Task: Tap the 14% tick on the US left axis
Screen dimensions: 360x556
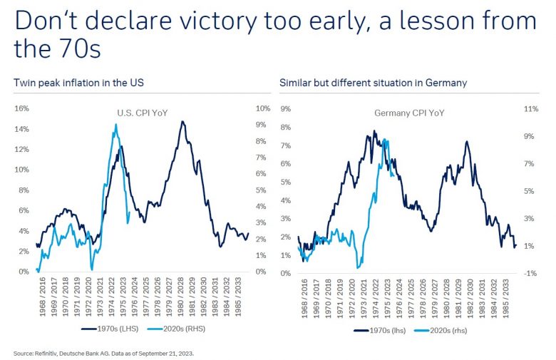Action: click(21, 129)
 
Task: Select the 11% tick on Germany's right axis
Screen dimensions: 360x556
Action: click(530, 108)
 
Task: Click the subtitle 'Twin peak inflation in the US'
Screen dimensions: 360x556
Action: click(79, 83)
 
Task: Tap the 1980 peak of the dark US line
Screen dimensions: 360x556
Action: click(183, 122)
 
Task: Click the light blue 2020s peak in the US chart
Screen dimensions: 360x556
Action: click(115, 125)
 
